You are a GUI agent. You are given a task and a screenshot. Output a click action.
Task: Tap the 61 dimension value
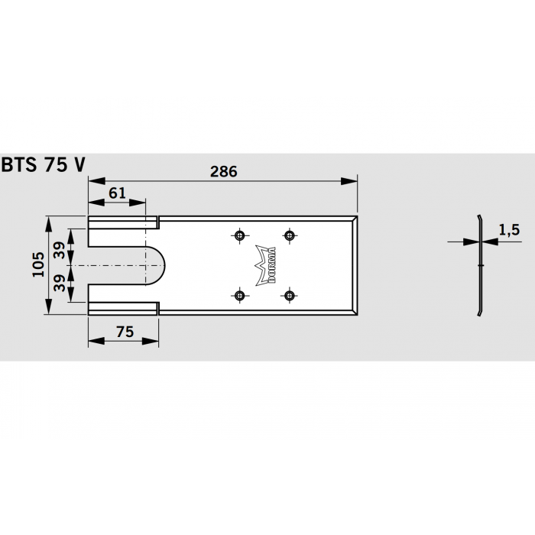click(117, 193)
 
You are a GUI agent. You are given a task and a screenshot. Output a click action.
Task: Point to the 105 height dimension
click(38, 264)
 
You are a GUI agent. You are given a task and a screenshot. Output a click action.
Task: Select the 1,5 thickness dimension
click(508, 229)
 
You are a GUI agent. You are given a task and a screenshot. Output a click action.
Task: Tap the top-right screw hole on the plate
click(289, 235)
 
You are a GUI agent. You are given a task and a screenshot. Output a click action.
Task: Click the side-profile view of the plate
click(478, 264)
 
